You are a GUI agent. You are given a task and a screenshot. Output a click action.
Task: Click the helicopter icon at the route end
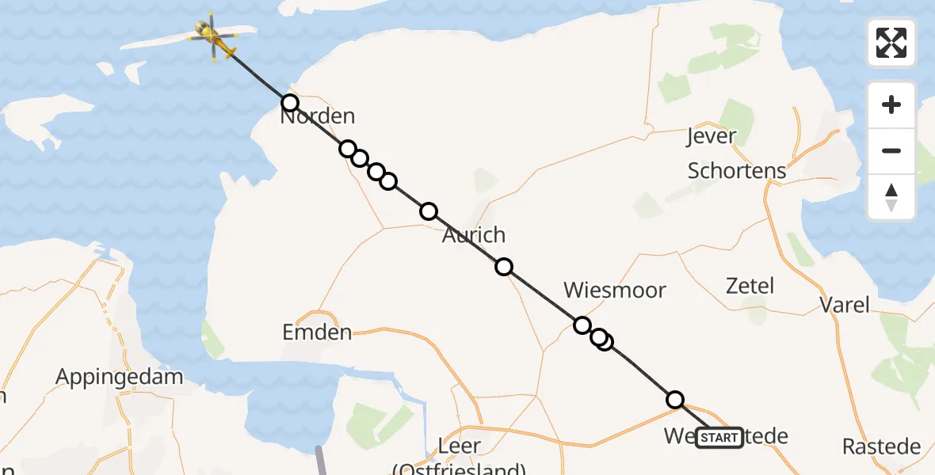tap(212, 36)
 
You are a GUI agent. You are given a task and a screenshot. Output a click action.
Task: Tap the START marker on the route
tap(719, 438)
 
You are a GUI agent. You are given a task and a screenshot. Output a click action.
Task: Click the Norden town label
tap(317, 117)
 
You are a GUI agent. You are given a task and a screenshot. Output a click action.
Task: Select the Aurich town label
tap(474, 235)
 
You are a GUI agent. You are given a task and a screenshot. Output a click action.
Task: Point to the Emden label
tap(317, 332)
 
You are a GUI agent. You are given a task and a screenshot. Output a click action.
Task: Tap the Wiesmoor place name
tap(614, 290)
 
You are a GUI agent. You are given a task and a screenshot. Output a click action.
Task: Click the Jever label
tap(712, 137)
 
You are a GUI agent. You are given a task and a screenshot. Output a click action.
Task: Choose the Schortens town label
tap(737, 170)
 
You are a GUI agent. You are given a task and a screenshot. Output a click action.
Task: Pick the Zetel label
tap(750, 285)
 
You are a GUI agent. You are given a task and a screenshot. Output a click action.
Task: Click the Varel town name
tap(844, 305)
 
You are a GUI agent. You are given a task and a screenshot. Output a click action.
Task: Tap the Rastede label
tap(881, 446)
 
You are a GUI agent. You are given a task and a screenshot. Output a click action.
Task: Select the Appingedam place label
tap(120, 376)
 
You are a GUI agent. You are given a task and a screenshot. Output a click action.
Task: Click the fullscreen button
tap(891, 43)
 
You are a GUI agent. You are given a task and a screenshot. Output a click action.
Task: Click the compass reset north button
tap(891, 197)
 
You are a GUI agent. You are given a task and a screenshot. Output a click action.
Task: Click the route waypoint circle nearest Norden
tap(290, 103)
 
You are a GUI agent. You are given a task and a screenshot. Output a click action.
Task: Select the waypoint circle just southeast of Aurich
tap(504, 267)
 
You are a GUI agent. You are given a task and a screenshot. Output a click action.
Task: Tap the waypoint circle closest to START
tap(675, 400)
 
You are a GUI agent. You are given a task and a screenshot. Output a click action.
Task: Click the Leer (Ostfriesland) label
tap(459, 455)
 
